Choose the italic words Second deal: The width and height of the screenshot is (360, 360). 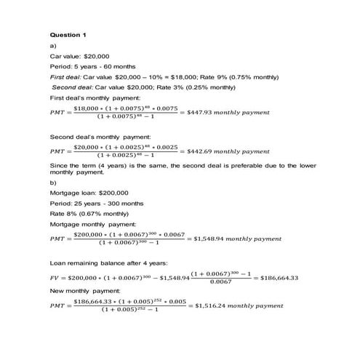tap(71, 87)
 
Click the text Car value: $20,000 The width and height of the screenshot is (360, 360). tap(79, 55)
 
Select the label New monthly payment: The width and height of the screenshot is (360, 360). tap(81, 290)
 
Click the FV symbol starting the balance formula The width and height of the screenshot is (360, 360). tap(55, 277)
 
